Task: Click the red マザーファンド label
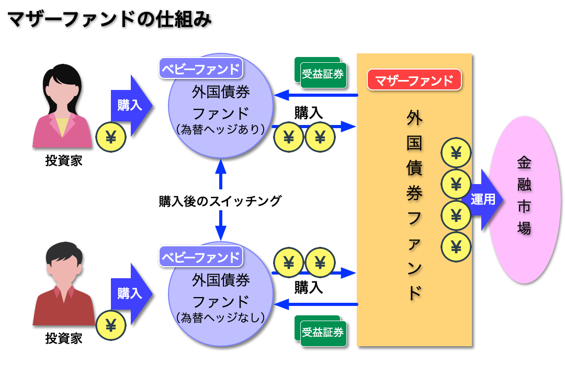(414, 80)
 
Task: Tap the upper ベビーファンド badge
(201, 68)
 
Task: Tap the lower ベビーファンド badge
(201, 256)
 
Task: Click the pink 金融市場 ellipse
(524, 199)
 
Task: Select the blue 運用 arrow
(483, 199)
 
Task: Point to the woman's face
(62, 89)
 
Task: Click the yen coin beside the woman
(111, 137)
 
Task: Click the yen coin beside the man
(111, 325)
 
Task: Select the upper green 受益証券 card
(322, 74)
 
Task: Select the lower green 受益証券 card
(322, 332)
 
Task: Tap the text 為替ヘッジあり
(221, 129)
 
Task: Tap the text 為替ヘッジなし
(221, 317)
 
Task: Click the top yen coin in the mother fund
(456, 153)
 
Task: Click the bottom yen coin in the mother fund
(456, 246)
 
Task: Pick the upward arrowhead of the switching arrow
(221, 166)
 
